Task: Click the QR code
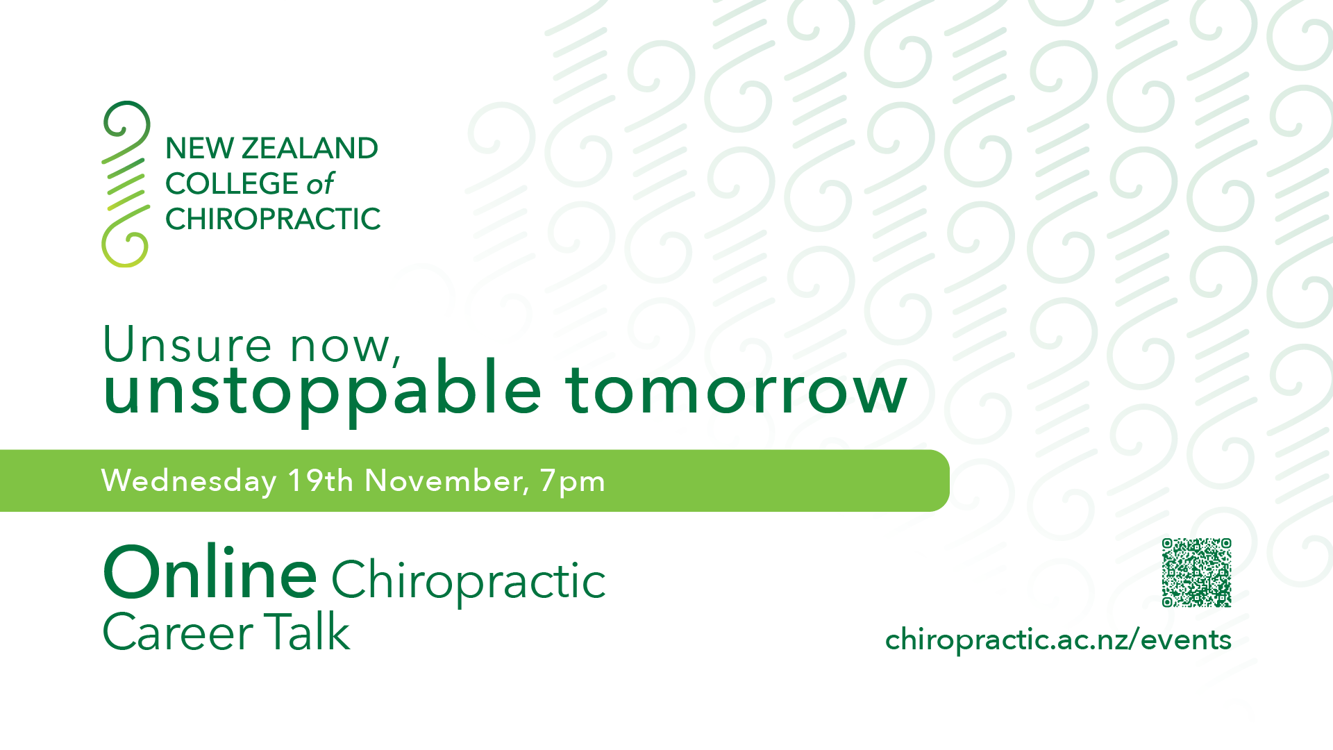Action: (x=1196, y=572)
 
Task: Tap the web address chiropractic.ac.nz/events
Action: (x=1058, y=640)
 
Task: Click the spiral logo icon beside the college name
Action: (x=126, y=184)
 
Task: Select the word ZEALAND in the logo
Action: (x=310, y=148)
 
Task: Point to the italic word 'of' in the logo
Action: (x=320, y=183)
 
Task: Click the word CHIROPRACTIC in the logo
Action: (x=273, y=219)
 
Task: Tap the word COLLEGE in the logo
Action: (x=232, y=183)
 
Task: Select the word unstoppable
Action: (x=322, y=390)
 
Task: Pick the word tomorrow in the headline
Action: (x=737, y=390)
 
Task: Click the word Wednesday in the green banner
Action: (x=189, y=481)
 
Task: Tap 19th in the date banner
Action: (x=321, y=481)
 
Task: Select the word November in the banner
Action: (x=447, y=481)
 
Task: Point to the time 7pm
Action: (x=572, y=481)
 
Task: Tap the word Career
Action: (x=178, y=632)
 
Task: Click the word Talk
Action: (x=307, y=631)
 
